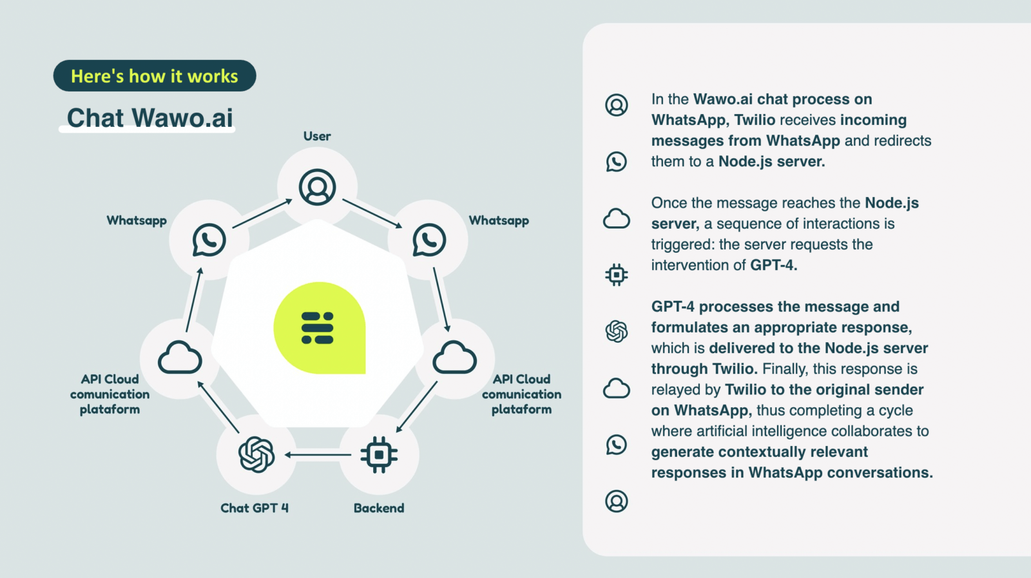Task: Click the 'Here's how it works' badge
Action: (x=155, y=75)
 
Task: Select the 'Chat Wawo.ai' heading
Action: (x=150, y=118)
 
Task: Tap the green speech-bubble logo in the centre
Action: (x=320, y=327)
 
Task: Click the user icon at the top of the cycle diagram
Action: (x=317, y=187)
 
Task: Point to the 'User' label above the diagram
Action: (x=317, y=136)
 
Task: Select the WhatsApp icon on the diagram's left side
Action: (x=209, y=240)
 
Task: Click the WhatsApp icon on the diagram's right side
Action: (x=429, y=240)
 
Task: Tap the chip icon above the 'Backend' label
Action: (x=379, y=455)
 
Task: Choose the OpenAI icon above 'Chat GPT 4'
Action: (x=256, y=455)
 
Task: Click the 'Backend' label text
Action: (x=379, y=508)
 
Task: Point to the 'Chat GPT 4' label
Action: (x=255, y=508)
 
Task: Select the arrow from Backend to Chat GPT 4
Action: (x=318, y=455)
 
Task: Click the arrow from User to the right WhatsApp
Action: (x=372, y=213)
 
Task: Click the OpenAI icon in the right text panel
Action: (x=616, y=331)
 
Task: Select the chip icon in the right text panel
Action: (x=616, y=275)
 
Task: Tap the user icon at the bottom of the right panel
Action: (x=616, y=501)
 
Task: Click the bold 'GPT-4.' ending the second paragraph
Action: (x=774, y=265)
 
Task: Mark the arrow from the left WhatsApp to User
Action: (x=262, y=213)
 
